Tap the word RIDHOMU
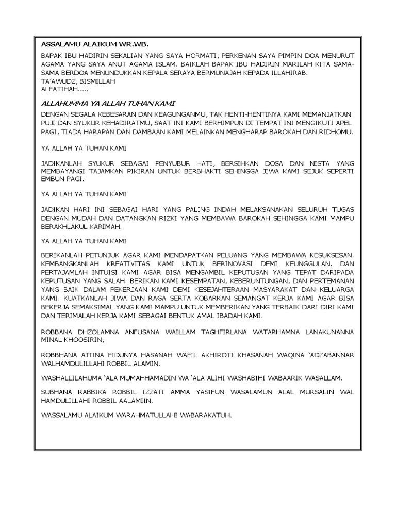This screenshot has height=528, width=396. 338,133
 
